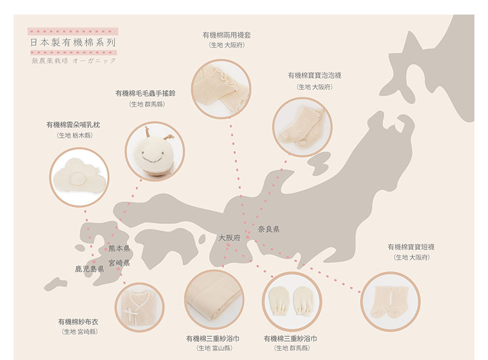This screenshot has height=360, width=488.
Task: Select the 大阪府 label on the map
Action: click(x=230, y=237)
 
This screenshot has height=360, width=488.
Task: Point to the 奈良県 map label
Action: click(x=268, y=229)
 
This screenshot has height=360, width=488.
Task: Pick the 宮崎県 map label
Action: click(x=119, y=263)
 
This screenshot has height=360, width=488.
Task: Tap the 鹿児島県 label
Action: click(x=89, y=268)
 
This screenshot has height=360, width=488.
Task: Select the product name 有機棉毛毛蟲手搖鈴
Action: click(x=146, y=94)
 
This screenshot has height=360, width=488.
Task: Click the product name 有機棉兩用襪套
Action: click(x=226, y=35)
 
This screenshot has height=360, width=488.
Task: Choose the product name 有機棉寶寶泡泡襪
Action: click(x=314, y=76)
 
